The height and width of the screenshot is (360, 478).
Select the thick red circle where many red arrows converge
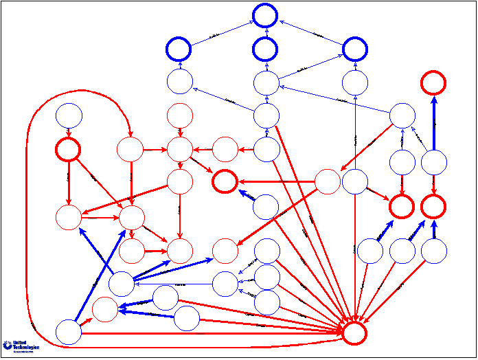[x=354, y=333]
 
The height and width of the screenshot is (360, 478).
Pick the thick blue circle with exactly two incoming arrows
[x=354, y=49]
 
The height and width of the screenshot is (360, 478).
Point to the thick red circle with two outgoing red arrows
[x=68, y=149]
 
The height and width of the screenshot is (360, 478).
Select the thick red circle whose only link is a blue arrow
[x=433, y=82]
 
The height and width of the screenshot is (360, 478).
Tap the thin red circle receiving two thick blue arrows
[x=104, y=308]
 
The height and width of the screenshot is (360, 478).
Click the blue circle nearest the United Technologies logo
[x=68, y=332]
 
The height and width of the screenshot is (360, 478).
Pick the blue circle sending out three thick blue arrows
[x=121, y=283]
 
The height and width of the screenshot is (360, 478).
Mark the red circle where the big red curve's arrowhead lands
[x=129, y=148]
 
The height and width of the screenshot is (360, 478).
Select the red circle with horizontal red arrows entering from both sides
[x=179, y=148]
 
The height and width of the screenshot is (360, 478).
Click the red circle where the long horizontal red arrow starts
[x=327, y=181]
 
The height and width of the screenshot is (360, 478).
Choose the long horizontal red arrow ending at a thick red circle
[x=275, y=181]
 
